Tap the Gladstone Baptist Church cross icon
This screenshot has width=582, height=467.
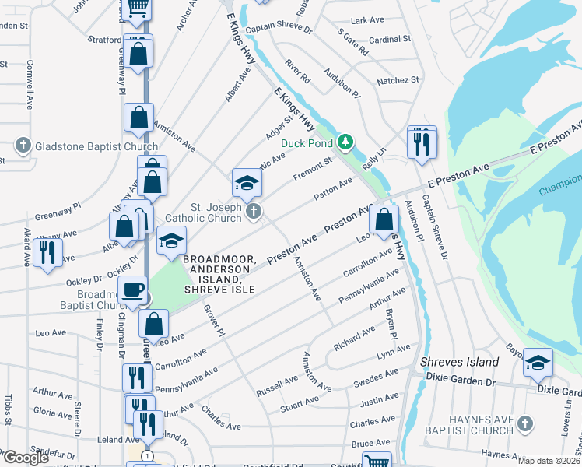click(23, 146)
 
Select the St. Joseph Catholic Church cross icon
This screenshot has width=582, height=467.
click(253, 211)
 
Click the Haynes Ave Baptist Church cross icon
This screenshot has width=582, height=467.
click(525, 424)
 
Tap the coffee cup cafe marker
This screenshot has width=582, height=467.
click(131, 290)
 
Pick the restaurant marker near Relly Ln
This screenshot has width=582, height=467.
click(422, 143)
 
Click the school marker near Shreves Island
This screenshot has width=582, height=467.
click(538, 363)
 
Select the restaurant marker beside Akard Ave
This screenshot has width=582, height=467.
click(47, 252)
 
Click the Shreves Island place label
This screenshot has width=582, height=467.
click(459, 363)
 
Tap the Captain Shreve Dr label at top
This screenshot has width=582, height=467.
click(278, 29)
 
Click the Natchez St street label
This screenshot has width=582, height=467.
click(398, 80)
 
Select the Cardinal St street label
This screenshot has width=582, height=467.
click(390, 39)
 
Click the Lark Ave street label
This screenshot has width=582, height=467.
click(369, 20)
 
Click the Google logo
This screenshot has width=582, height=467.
click(26, 458)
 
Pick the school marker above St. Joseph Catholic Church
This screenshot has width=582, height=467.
click(247, 183)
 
